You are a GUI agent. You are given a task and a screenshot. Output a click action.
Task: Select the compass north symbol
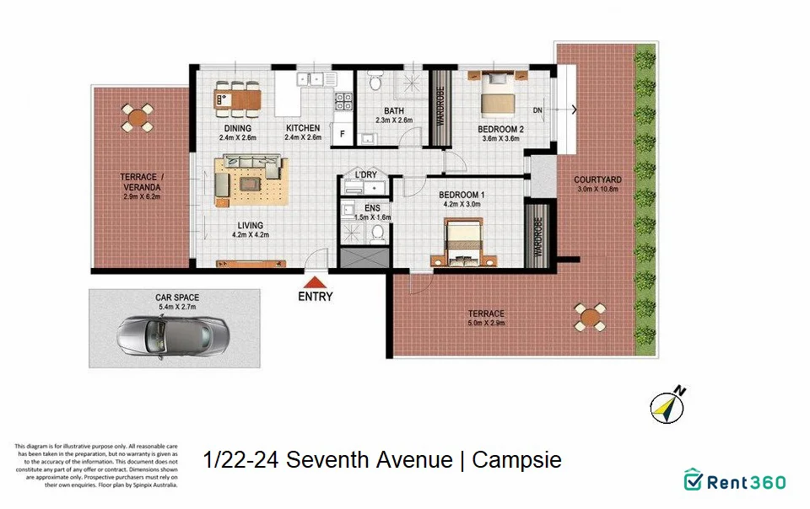pyautogui.click(x=667, y=405)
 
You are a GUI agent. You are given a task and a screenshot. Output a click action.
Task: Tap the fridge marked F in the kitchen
pyautogui.click(x=343, y=133)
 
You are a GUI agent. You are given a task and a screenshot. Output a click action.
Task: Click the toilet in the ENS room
pyautogui.click(x=377, y=231)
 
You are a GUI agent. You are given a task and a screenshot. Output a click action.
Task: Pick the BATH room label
pyautogui.click(x=393, y=110)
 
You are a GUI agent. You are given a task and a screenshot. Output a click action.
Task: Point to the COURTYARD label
pyautogui.click(x=597, y=179)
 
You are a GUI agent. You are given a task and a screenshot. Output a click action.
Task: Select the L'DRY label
pyautogui.click(x=365, y=174)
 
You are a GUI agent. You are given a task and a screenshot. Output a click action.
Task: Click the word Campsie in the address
pyautogui.click(x=516, y=461)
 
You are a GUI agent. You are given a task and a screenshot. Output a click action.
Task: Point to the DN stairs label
pyautogui.click(x=538, y=110)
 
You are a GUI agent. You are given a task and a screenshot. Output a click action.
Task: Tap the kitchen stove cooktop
pyautogui.click(x=344, y=102)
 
